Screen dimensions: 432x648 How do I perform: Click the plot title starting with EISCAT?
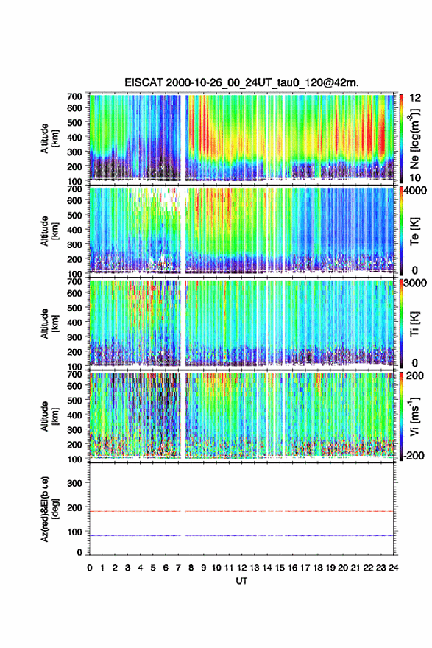241,82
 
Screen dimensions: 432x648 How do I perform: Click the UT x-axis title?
241,581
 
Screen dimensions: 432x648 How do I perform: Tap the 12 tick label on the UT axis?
241,568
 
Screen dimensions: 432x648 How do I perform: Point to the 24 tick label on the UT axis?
393,568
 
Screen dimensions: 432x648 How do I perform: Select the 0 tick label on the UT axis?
90,568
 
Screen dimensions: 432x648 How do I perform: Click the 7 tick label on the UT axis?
178,568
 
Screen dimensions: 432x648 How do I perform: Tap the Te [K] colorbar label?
414,232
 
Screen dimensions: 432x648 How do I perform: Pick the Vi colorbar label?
414,417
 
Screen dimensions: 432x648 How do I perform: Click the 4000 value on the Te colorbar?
416,191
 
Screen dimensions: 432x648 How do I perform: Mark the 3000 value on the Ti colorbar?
416,283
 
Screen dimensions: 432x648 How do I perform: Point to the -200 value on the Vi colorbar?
414,455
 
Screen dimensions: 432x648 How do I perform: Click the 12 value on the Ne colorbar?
416,98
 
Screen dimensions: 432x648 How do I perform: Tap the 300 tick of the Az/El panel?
74,483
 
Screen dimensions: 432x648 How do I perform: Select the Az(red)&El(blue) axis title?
49,509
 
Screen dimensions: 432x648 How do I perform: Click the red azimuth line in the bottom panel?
241,511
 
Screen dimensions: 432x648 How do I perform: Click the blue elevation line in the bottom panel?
241,535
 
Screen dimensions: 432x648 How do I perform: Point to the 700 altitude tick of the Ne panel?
74,96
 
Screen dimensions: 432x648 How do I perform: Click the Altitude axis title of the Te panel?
49,231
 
